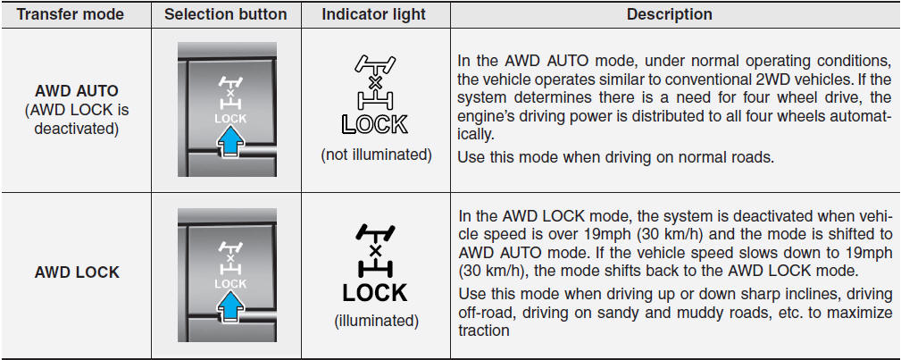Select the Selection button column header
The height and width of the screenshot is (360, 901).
click(226, 14)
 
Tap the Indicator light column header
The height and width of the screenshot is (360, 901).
click(374, 14)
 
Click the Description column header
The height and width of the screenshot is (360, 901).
click(670, 14)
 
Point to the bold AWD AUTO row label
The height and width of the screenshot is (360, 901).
click(77, 91)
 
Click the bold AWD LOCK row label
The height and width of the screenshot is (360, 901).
click(77, 272)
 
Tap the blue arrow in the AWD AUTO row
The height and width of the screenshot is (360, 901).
click(229, 142)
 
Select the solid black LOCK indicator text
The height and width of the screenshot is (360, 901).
click(375, 293)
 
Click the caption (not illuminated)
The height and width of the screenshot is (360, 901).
click(376, 155)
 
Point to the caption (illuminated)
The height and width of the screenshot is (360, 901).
click(376, 321)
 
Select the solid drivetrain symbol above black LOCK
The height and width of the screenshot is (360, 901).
click(375, 251)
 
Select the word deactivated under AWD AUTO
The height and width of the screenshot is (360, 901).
click(77, 129)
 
